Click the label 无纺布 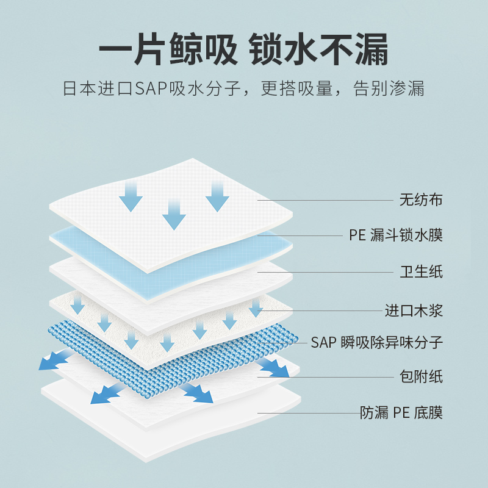click(421, 200)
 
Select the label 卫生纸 click(421, 271)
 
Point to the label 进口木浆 click(414, 310)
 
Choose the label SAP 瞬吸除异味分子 click(376, 342)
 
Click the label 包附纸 click(421, 376)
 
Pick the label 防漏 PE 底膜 click(401, 413)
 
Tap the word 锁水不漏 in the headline click(319, 52)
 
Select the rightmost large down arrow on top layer click(217, 195)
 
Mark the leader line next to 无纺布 click(323, 200)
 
